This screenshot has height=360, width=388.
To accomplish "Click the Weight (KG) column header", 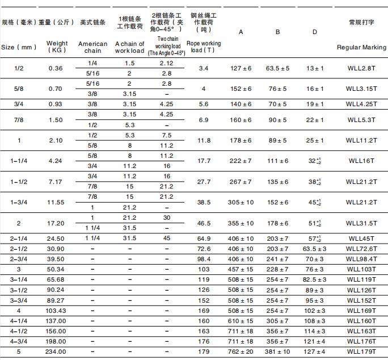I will coord(57,47).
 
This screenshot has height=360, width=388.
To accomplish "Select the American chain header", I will coord(92,47).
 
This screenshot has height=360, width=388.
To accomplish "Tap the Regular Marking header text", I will coord(361,47).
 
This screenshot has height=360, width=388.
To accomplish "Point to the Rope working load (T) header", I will coord(204,47).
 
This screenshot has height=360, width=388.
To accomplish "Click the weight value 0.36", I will coord(56,68).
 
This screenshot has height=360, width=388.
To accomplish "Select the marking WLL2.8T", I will coord(361,68).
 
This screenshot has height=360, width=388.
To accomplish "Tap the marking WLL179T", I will coord(361,352).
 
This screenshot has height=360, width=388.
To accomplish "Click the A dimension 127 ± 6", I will coord(241,68).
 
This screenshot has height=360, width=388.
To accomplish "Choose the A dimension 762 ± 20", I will coord(241,352).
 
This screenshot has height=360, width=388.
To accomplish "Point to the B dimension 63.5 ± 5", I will coord(277,68).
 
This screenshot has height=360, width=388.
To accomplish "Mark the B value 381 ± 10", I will coord(277,352).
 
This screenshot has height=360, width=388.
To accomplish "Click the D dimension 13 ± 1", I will coord(315,68).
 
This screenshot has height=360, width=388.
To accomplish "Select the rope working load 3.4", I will coord(204,68).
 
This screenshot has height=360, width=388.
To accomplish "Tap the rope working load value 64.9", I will coord(204,238).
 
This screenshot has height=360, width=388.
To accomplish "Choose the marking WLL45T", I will coord(361,238).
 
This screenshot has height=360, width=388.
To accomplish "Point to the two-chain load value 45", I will coord(166,238).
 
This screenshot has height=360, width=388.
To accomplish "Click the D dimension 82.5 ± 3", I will coord(315,279).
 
